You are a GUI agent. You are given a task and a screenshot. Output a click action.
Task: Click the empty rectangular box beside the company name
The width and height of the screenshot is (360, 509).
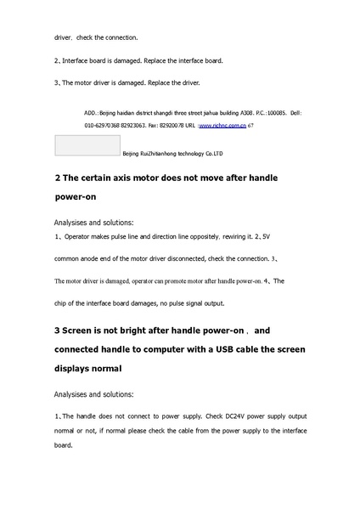[87, 144]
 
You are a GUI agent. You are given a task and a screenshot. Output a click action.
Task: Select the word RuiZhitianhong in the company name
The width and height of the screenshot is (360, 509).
[160, 154]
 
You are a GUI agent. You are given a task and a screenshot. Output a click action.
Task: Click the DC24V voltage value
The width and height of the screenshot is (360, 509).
[222, 417]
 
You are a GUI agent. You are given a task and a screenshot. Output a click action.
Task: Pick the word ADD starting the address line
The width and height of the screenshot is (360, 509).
[92, 112]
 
